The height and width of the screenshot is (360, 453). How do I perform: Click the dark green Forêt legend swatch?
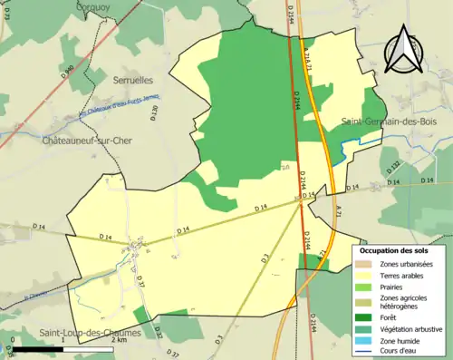(x=363, y=317)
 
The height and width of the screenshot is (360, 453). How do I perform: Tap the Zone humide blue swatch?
(x=363, y=342)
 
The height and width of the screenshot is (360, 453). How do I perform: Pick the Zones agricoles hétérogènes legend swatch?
(x=363, y=302)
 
